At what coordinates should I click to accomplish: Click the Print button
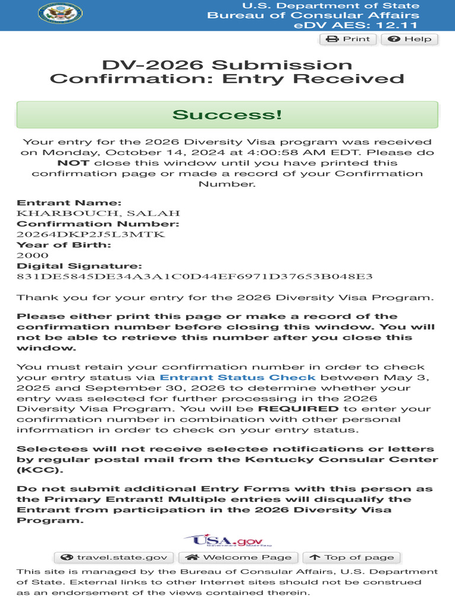[x=348, y=39]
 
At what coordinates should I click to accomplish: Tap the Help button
[x=409, y=39]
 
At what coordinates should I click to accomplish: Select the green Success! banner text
[x=227, y=114]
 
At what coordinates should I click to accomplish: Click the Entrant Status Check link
[x=238, y=378]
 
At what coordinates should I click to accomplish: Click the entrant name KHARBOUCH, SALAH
[x=98, y=213]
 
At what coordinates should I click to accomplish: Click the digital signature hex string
[x=194, y=277]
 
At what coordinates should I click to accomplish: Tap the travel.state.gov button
[x=114, y=557]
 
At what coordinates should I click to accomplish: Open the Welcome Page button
[x=239, y=557]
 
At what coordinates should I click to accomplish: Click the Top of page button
[x=351, y=557]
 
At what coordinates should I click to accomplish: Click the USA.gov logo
[x=228, y=540]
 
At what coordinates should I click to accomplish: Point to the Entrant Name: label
[x=69, y=202]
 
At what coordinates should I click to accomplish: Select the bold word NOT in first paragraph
[x=73, y=163]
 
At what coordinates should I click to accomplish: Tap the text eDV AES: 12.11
[x=355, y=25]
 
